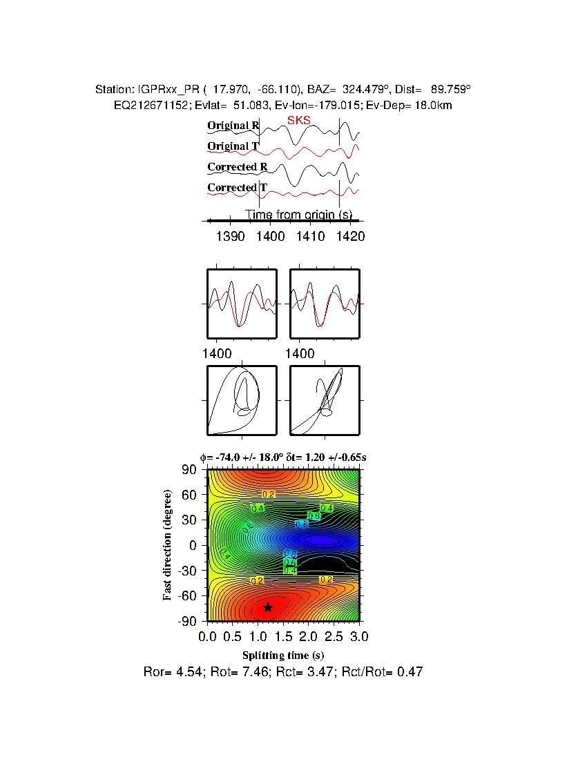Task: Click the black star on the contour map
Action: [x=268, y=607]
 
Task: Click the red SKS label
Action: [x=298, y=121]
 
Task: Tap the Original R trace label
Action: [x=233, y=126]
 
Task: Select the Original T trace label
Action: [x=233, y=146]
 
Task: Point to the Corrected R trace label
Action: [x=237, y=167]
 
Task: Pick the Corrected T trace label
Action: [x=237, y=188]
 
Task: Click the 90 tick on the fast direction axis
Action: [x=190, y=470]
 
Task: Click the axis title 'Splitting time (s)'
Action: [x=283, y=655]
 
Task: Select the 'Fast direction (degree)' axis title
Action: [x=168, y=545]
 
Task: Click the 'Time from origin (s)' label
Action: [x=299, y=215]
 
